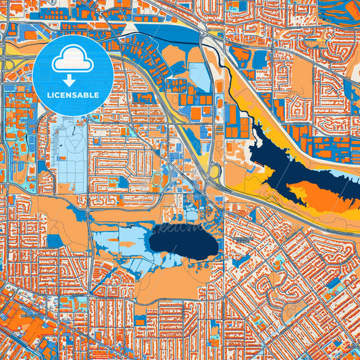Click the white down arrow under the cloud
coord(71,80)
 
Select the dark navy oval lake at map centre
coord(184,242)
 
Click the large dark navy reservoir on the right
coord(284,162)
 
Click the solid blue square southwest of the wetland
coord(54,240)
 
